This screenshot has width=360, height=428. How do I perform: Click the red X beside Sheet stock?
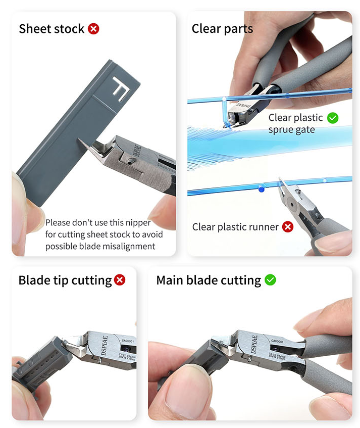click(x=93, y=29)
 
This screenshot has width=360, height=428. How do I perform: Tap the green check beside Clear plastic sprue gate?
click(x=333, y=118)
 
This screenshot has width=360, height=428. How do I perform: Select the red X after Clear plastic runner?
click(x=287, y=226)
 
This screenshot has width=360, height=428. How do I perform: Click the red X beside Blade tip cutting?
click(x=120, y=280)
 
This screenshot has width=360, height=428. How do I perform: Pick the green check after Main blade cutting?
click(x=270, y=280)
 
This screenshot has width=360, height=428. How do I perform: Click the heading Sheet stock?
click(x=52, y=29)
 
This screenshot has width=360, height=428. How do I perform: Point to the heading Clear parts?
click(x=222, y=29)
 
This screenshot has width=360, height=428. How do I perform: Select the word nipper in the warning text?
click(x=140, y=223)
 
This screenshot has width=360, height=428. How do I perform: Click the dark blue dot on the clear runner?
click(x=261, y=188)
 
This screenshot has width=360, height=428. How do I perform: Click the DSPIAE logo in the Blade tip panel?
click(x=104, y=345)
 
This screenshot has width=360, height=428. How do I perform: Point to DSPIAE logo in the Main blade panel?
click(x=253, y=344)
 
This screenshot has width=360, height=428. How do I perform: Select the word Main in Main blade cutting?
click(x=170, y=280)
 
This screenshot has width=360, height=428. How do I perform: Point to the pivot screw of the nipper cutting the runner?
click(x=292, y=204)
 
